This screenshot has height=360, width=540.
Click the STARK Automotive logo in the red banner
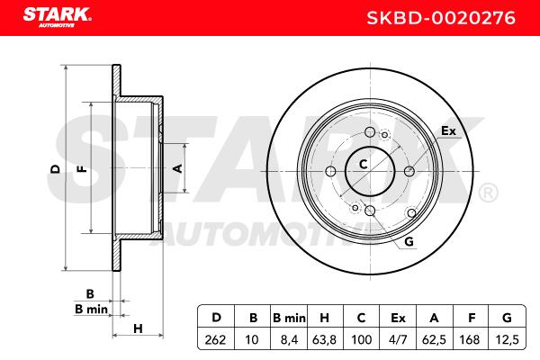point(57,17)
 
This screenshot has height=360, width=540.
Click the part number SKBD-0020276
point(441,18)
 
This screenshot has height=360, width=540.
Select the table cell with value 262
point(216,340)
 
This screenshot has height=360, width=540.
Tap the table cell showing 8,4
point(289,340)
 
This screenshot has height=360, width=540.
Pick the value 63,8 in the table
point(324,340)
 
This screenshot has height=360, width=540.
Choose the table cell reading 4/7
point(398,340)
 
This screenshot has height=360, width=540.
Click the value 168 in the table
point(470,340)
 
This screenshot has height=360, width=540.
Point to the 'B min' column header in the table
point(289,318)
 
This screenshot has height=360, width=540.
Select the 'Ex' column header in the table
point(398,318)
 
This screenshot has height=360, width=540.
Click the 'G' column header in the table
point(507,318)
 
